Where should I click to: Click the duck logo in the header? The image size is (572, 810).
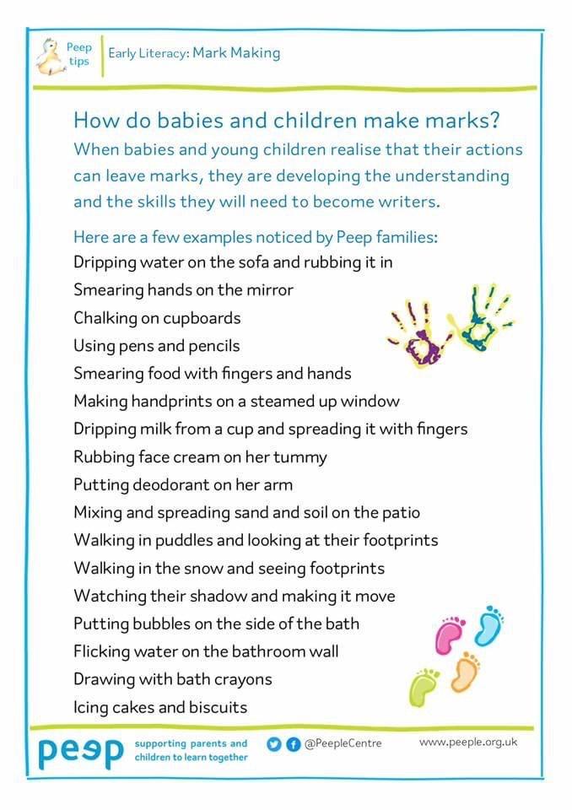click(x=47, y=55)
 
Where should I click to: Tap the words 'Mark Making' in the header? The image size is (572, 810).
click(x=236, y=53)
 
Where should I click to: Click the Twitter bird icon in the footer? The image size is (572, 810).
click(x=273, y=743)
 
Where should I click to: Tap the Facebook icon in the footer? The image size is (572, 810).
click(x=290, y=743)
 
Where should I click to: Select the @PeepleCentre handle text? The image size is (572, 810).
click(x=343, y=743)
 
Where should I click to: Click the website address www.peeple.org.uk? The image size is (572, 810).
click(x=468, y=742)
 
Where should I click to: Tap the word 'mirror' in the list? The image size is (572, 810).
click(x=265, y=290)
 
